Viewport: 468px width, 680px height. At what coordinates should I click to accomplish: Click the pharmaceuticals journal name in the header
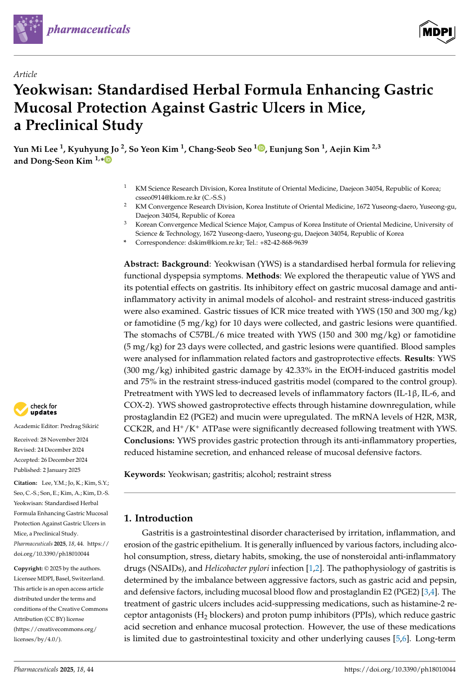point(88,30)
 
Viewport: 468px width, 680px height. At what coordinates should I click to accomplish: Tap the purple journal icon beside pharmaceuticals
point(28,30)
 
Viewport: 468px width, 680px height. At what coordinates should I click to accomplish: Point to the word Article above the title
point(25,74)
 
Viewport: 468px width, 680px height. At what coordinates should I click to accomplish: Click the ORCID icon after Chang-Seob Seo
point(261,149)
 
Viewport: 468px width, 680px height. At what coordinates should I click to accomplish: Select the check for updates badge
point(36,409)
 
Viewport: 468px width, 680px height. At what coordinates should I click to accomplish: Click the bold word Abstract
point(142,264)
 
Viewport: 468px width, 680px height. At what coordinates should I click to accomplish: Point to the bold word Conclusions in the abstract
point(149,440)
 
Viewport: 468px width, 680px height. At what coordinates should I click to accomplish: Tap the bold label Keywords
point(145,474)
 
